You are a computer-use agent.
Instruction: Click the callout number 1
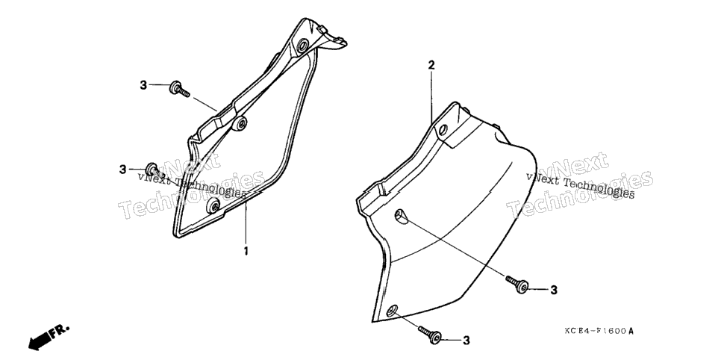tap(246, 252)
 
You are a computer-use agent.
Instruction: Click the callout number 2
tap(431, 65)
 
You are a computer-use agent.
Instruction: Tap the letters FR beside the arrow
tap(59, 331)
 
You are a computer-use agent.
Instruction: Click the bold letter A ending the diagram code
tap(631, 331)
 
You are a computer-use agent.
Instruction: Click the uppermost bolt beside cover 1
tap(179, 88)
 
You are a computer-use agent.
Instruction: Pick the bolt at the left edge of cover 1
tap(154, 170)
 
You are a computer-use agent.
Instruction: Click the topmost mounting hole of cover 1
tap(303, 46)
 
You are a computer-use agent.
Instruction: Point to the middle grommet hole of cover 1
tap(239, 123)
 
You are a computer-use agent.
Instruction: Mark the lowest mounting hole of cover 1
tap(213, 205)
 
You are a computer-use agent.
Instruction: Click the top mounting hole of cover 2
tap(443, 131)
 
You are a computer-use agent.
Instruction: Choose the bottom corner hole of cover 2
tap(393, 311)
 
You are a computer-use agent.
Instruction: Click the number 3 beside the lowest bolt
tap(466, 341)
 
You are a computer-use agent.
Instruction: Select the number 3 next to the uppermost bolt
tap(143, 85)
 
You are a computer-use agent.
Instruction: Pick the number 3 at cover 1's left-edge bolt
tap(122, 170)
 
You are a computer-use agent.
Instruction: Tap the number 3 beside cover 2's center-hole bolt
tap(554, 290)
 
